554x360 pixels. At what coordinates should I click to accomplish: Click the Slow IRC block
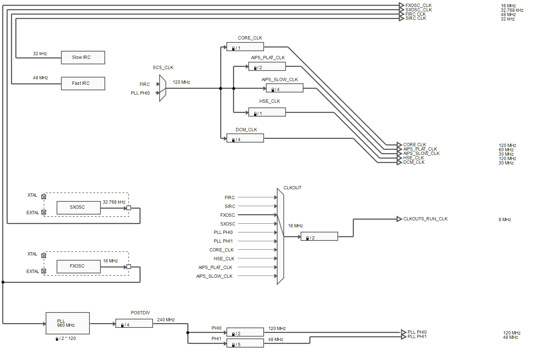coord(83,57)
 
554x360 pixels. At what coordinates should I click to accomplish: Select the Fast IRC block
coord(83,83)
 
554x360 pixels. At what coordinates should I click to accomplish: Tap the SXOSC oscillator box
coord(79,207)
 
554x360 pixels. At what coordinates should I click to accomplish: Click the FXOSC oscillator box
coord(79,266)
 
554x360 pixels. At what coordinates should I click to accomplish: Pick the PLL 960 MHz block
coord(68,323)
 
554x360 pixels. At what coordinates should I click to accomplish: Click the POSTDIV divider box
coord(134,323)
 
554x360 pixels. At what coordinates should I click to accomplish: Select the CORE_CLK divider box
coord(245,47)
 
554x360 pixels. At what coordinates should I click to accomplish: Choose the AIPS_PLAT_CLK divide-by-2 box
coord(267,67)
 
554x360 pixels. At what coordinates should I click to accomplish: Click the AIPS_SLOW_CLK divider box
coord(284,88)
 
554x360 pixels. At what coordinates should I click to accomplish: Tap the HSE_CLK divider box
coord(267,112)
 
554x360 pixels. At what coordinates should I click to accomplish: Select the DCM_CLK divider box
coord(245,138)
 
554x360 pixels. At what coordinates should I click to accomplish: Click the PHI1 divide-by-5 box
coord(245,343)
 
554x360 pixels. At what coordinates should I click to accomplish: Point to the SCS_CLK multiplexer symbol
coord(163,88)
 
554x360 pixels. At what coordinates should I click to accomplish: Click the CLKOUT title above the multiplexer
coord(293,188)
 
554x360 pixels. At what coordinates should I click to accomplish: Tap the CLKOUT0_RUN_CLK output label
coord(425,219)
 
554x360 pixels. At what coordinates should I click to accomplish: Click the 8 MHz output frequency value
coord(505,220)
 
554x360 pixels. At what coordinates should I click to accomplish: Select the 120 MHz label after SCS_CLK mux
coord(182,82)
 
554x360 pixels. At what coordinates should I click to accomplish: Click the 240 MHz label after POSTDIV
coord(166,320)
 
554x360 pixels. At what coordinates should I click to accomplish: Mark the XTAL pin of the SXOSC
coord(44,197)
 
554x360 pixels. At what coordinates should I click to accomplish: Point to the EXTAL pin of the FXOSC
coord(44,271)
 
